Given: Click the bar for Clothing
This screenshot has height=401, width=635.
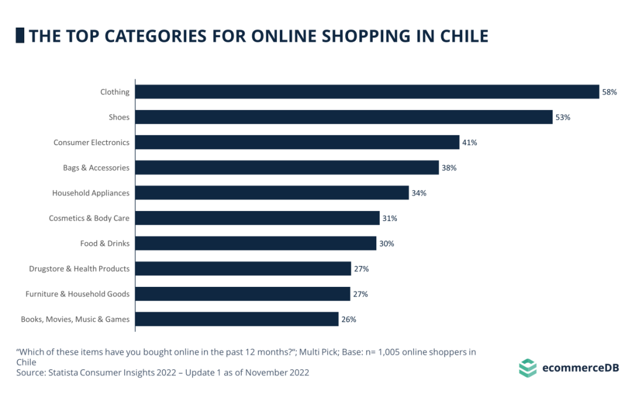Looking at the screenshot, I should [x=367, y=92].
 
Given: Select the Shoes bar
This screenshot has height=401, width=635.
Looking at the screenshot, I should [x=344, y=117].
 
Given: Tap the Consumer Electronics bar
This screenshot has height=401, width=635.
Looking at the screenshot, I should [x=297, y=142].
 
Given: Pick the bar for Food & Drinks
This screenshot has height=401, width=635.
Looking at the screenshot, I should [x=256, y=243].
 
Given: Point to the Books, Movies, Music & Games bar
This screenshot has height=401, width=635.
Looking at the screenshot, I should [x=237, y=319].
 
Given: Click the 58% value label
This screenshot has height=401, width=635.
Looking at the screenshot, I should [x=609, y=92].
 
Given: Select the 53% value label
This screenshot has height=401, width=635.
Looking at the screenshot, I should [x=563, y=118].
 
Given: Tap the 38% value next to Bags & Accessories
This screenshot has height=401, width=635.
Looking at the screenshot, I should [x=449, y=168].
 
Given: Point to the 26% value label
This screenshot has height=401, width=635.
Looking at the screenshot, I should [x=348, y=320].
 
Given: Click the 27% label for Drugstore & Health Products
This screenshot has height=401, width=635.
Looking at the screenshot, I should [x=361, y=269].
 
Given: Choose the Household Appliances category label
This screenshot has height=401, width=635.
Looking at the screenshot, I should [x=91, y=193].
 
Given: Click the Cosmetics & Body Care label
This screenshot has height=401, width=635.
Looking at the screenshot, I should [x=89, y=218].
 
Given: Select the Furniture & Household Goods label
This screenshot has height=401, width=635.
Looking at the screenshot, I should [x=77, y=294].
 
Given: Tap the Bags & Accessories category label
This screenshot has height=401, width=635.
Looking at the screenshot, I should [x=96, y=168].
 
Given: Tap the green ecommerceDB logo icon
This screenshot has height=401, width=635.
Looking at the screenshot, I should [x=527, y=368].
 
